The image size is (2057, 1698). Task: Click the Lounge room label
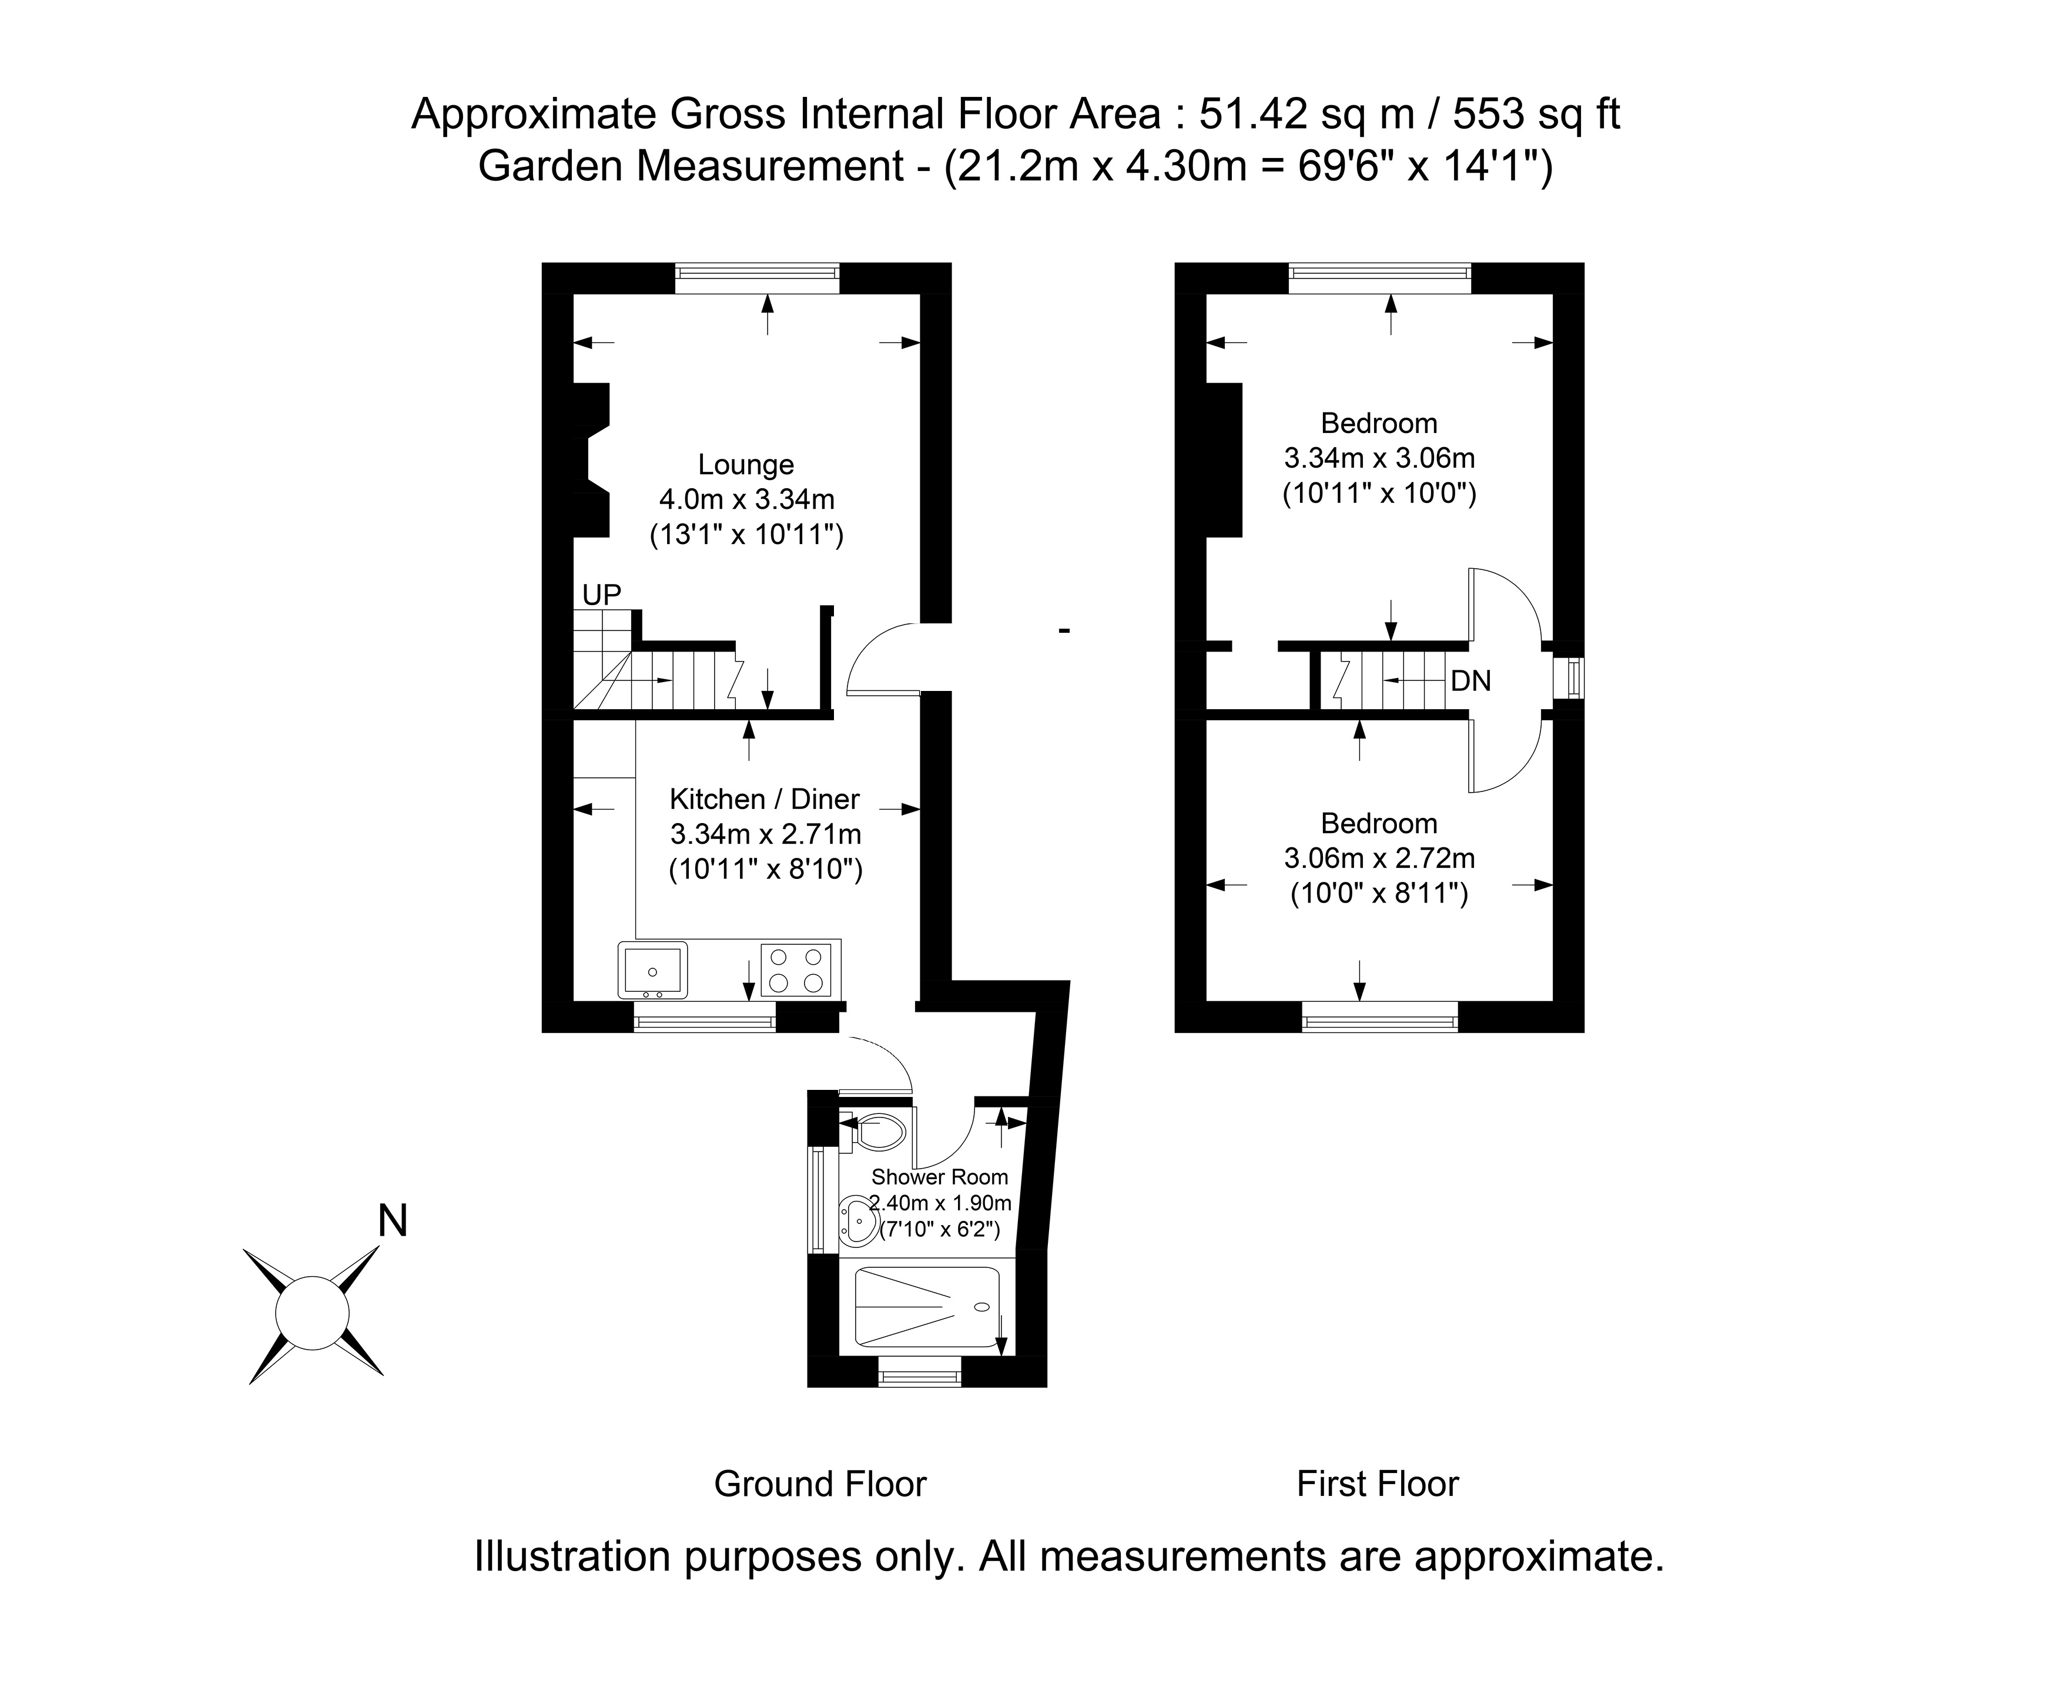click(x=745, y=465)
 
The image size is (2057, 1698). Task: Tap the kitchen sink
click(x=652, y=969)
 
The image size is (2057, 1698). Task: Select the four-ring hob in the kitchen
click(x=795, y=969)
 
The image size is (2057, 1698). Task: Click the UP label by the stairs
click(x=602, y=595)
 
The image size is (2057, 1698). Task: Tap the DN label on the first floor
click(x=1470, y=681)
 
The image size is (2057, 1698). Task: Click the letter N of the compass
click(x=392, y=1221)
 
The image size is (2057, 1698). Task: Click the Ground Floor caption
click(x=820, y=1484)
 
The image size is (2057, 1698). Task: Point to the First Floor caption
click(x=1377, y=1484)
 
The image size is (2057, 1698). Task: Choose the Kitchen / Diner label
click(x=764, y=799)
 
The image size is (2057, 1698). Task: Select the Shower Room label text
click(x=939, y=1177)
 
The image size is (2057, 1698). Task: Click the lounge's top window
click(x=756, y=278)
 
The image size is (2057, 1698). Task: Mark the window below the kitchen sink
click(x=704, y=1023)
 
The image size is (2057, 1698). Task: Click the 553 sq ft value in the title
click(x=1536, y=115)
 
